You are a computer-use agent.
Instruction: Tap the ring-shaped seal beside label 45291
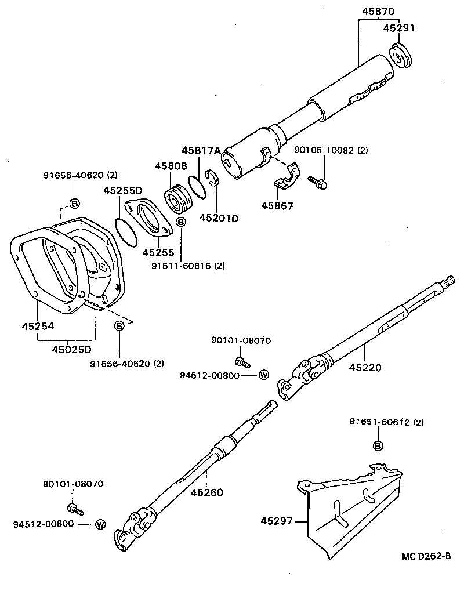click(400, 55)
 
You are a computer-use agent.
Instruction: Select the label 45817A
click(201, 151)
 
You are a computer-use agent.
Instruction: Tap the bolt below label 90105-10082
click(320, 182)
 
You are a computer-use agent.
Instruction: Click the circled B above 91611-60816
click(180, 222)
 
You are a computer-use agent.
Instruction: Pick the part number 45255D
click(123, 190)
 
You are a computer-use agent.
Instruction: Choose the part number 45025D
click(71, 349)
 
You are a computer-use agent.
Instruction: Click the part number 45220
click(366, 367)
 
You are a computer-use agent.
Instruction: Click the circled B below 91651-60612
click(378, 445)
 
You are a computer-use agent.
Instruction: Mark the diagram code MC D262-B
click(426, 556)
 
